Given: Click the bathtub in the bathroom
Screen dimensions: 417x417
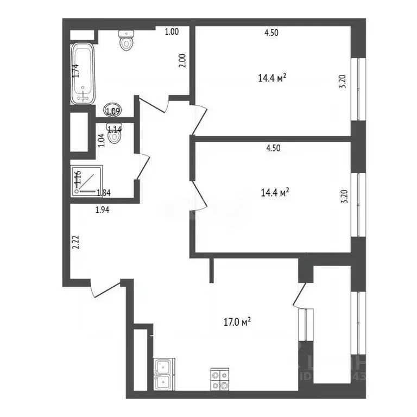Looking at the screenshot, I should (84, 74).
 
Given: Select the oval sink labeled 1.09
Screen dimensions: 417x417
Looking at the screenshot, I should (113, 111).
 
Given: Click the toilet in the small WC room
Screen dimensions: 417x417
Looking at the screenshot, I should (115, 137).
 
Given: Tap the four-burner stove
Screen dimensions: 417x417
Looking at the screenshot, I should (220, 378).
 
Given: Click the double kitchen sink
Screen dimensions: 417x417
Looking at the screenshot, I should (163, 375).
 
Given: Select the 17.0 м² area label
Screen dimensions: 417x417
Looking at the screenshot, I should (238, 323).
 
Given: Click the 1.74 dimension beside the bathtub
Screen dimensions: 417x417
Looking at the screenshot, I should (76, 71).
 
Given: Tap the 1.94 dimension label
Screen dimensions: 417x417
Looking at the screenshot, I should (103, 211).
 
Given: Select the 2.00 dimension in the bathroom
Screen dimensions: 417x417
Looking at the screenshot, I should (182, 59).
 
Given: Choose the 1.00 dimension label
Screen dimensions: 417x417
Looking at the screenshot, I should (172, 31).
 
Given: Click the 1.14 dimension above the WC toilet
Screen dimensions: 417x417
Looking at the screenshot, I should (115, 129).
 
